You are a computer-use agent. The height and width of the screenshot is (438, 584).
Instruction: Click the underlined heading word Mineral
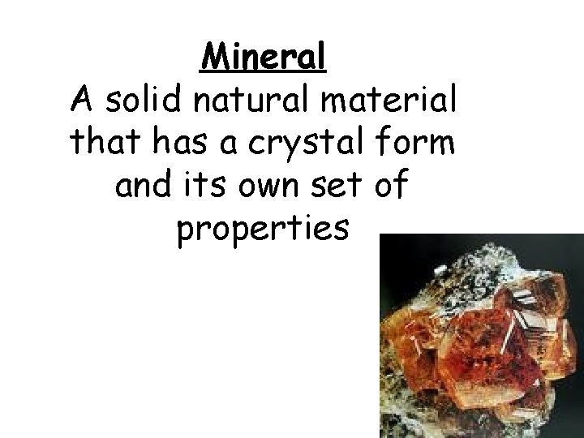(264, 57)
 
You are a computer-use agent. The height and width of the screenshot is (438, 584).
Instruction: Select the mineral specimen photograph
(482, 336)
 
